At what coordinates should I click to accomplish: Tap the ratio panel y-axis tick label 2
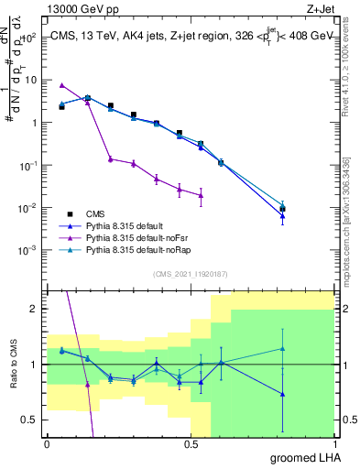click(35, 309)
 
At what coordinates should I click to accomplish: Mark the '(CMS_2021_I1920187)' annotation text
click(191, 272)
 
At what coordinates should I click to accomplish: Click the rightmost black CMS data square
click(283, 209)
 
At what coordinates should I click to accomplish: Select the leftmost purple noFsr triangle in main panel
click(61, 84)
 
